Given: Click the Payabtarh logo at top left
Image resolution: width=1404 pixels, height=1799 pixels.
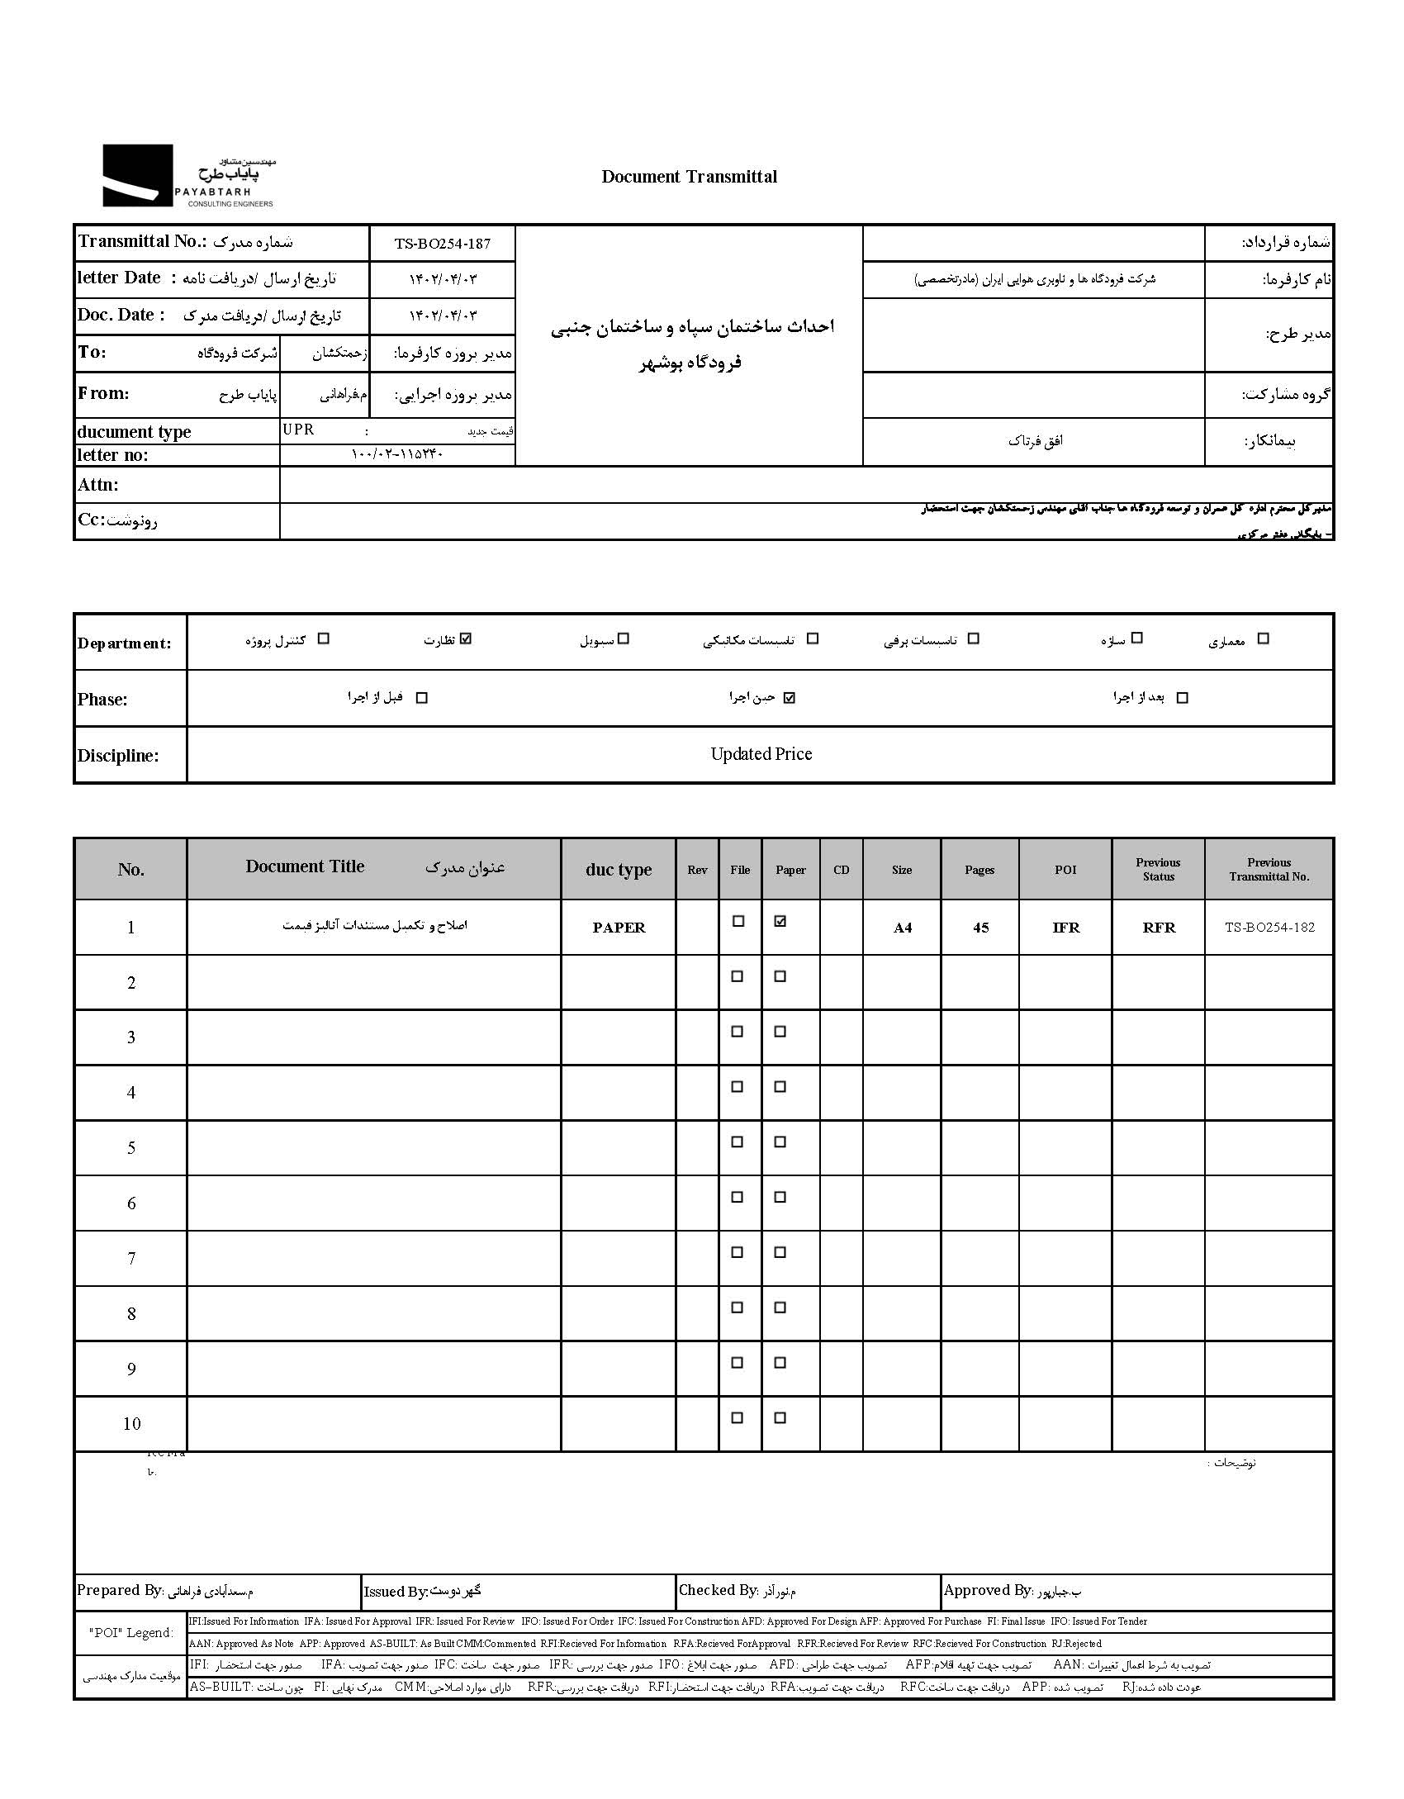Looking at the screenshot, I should point(187,176).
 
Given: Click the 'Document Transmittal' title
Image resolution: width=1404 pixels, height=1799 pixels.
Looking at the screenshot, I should point(689,176).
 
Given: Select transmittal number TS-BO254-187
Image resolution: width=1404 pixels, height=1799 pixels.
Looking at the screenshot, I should point(442,244).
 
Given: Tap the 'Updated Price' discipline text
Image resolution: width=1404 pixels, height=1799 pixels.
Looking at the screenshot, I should point(761,754).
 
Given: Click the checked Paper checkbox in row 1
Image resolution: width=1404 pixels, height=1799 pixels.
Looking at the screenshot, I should point(780,922).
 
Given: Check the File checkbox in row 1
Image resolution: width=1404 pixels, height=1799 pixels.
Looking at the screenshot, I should point(738,922).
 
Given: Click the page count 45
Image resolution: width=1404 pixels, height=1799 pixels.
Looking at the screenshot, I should point(980,928).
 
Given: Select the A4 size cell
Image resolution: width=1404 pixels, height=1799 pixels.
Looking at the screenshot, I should point(902,928).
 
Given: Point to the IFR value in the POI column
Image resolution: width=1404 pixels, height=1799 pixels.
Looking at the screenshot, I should point(1065,928).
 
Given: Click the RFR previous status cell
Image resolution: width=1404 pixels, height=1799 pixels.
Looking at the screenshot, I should point(1159,928).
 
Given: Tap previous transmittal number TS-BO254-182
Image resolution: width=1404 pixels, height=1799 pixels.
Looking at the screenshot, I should point(1269,927).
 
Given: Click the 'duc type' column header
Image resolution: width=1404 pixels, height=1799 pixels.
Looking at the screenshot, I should point(619,870).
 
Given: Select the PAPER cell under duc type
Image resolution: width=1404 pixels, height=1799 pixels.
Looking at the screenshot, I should point(619,928).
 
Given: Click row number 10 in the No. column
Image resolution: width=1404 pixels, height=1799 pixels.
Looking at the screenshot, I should point(131,1423).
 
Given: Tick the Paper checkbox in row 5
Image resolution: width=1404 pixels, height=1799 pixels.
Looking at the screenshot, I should point(780,1142).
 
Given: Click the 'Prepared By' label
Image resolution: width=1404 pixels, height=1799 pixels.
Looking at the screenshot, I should point(120,1590).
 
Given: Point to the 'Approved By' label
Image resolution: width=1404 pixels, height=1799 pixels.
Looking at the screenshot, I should point(987,1590).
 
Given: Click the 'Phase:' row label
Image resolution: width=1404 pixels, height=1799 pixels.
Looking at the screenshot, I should point(102,700).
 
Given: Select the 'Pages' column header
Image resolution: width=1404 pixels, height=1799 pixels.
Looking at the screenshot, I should point(979,870).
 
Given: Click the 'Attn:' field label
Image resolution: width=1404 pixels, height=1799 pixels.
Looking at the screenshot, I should point(98,485).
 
